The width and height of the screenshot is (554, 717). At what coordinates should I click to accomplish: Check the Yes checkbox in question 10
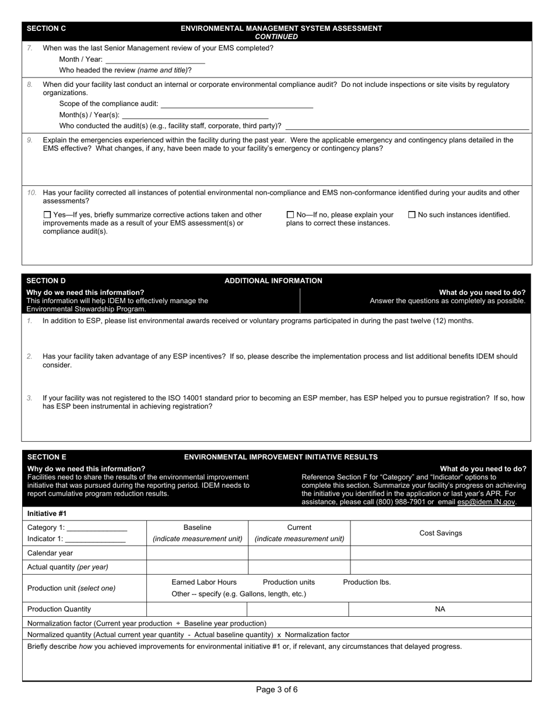48,215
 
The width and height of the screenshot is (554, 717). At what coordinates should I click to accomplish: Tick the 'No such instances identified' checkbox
412,215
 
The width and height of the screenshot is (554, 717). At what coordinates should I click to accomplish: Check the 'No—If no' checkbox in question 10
290,215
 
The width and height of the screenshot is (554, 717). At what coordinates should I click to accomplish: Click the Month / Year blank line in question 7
155,60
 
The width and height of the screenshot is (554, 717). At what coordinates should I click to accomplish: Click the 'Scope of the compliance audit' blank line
237,104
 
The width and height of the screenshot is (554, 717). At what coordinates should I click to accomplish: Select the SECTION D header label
46,281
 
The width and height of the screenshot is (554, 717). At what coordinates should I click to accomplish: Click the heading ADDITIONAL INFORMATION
273,281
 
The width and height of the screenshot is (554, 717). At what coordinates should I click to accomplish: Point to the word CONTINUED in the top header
276,37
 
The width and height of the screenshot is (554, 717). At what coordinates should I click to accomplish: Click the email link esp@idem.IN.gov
486,502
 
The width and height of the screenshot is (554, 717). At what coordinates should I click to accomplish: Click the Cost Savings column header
440,533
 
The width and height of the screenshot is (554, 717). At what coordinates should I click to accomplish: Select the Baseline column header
197,528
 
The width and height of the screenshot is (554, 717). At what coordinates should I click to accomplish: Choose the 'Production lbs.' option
367,582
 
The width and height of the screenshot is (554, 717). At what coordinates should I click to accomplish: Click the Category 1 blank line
97,529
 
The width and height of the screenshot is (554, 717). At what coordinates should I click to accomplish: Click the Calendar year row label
50,553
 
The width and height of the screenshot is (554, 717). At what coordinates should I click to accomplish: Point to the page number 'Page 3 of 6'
277,690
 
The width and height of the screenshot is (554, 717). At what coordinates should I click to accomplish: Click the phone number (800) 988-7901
401,502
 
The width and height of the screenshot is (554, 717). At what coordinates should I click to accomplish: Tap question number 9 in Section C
30,140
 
